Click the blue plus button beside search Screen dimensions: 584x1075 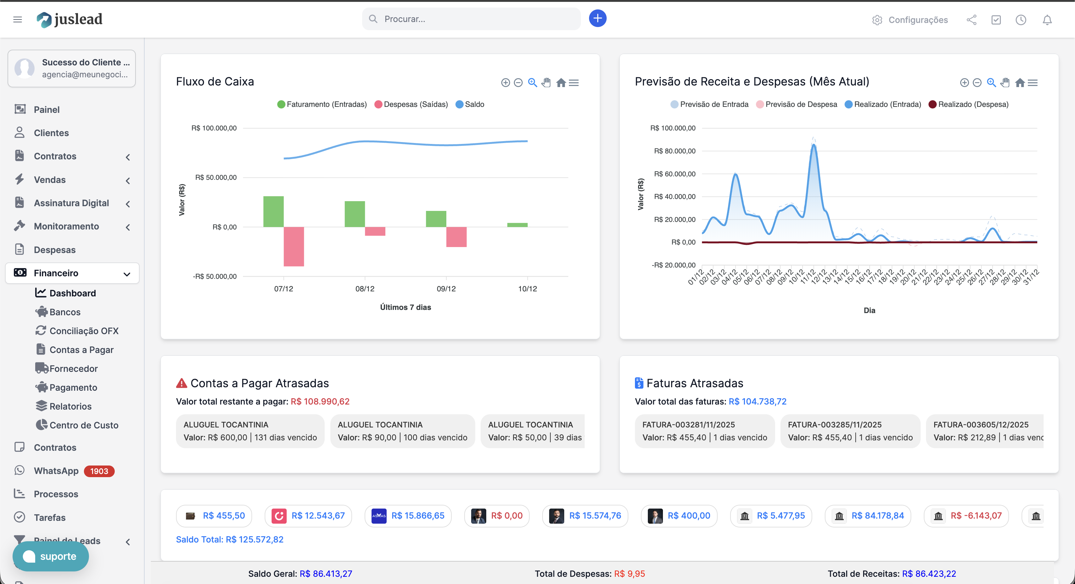(597, 18)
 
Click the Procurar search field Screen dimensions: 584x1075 (471, 19)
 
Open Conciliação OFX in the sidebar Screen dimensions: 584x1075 (84, 331)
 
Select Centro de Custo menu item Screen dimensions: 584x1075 (84, 425)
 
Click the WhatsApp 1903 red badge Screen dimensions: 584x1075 (99, 471)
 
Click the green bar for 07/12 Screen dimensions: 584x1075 (273, 211)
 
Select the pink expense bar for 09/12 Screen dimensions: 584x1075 (456, 237)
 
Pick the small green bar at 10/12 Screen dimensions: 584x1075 (517, 225)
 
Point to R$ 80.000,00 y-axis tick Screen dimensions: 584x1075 (674, 151)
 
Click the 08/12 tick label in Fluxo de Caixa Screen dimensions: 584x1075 (365, 289)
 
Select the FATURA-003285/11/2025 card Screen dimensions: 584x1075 (850, 431)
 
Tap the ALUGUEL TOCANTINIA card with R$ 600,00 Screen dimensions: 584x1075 (250, 431)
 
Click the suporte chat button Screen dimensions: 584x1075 (51, 556)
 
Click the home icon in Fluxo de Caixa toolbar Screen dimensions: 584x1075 (561, 83)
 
